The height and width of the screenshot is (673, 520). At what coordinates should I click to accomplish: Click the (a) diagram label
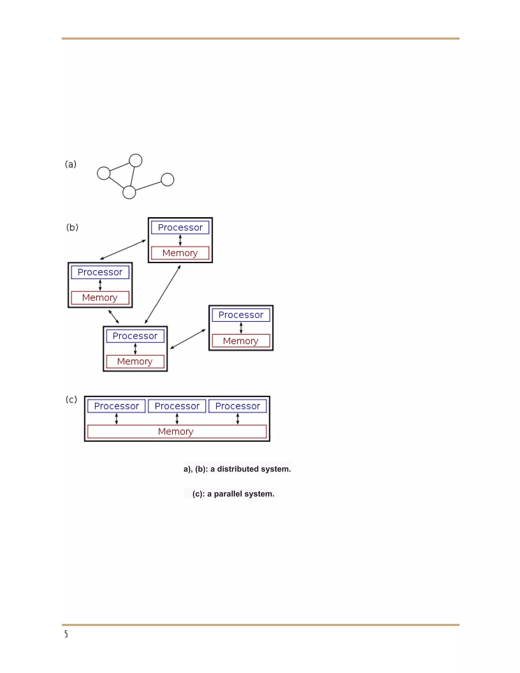tap(71, 164)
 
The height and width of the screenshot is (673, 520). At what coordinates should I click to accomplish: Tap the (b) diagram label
tap(72, 227)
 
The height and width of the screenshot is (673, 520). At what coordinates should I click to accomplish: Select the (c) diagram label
tap(71, 399)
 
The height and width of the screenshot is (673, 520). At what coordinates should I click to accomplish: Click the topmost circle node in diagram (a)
tap(136, 160)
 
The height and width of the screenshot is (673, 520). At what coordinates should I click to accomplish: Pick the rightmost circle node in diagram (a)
tap(168, 179)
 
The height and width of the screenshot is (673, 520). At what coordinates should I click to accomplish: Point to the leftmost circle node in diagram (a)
tap(104, 173)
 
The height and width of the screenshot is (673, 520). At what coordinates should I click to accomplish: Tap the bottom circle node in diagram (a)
tap(129, 192)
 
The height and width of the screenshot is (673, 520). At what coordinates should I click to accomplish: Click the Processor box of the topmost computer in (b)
tap(180, 227)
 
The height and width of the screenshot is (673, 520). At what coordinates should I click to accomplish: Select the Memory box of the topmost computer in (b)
tap(180, 253)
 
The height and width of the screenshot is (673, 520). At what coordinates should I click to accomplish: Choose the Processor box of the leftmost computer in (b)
tap(100, 272)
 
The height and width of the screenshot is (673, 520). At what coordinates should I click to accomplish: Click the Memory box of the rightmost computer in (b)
tap(241, 341)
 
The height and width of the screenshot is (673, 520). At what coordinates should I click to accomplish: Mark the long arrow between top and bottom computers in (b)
tap(163, 294)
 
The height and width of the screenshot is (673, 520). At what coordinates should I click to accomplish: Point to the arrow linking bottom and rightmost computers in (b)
tap(188, 339)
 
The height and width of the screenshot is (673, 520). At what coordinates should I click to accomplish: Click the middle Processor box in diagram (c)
tap(177, 406)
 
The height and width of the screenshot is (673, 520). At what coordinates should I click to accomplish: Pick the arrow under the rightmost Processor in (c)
tap(237, 419)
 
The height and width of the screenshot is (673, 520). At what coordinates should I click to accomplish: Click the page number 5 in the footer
tap(66, 634)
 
